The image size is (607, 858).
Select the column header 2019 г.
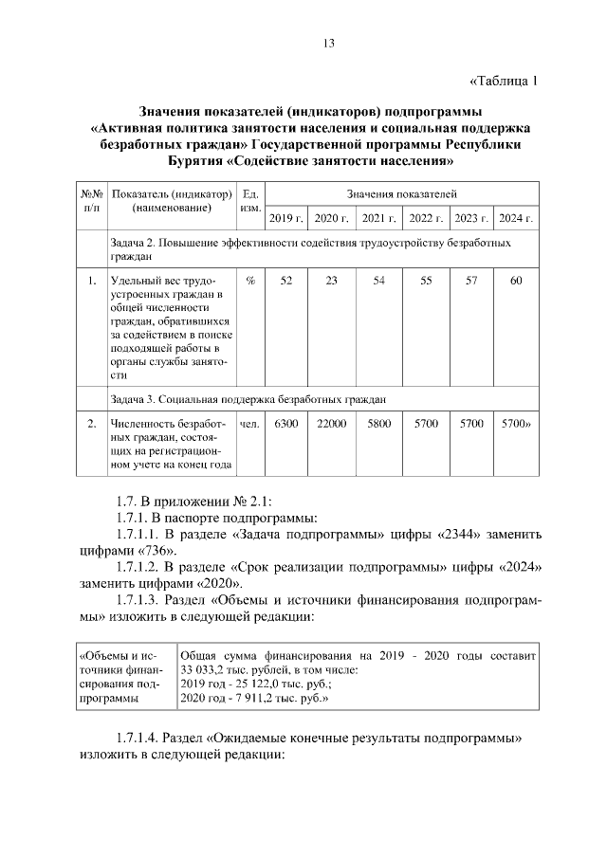286,218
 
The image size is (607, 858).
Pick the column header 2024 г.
516,218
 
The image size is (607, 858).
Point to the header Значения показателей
401,193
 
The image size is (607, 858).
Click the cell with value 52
286,282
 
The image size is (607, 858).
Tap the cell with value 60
516,282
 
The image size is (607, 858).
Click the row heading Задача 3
135,399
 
